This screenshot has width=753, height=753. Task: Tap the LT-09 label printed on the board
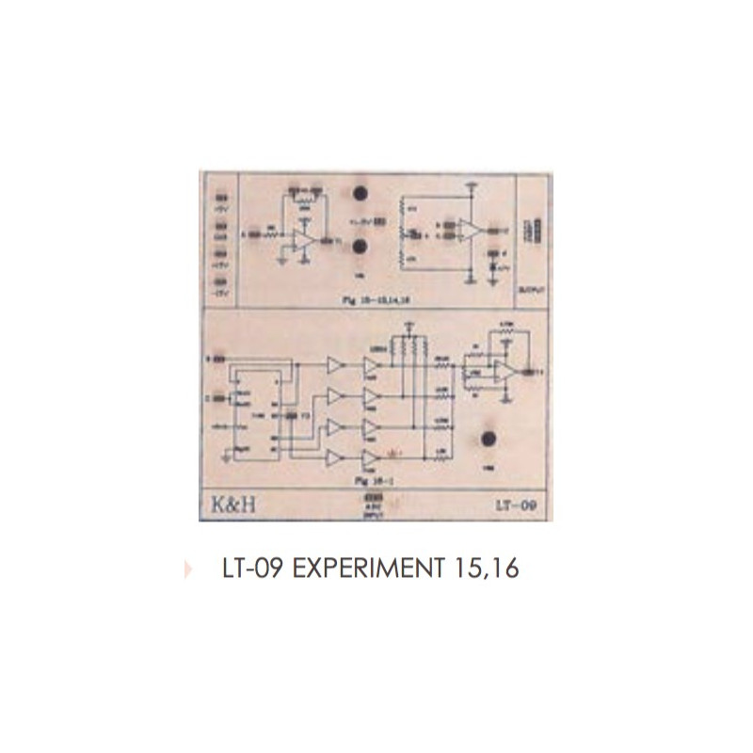pyautogui.click(x=516, y=505)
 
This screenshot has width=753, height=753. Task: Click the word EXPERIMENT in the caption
pyautogui.click(x=361, y=569)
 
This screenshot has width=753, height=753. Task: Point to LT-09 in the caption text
pyautogui.click(x=249, y=569)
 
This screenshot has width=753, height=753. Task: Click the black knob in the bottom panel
pyautogui.click(x=489, y=439)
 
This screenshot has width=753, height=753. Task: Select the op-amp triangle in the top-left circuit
pyautogui.click(x=303, y=239)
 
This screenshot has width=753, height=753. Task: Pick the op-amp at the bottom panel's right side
pyautogui.click(x=505, y=372)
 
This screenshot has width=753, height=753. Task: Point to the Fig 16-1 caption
pyautogui.click(x=363, y=480)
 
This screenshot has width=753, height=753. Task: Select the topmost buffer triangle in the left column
pyautogui.click(x=334, y=364)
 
